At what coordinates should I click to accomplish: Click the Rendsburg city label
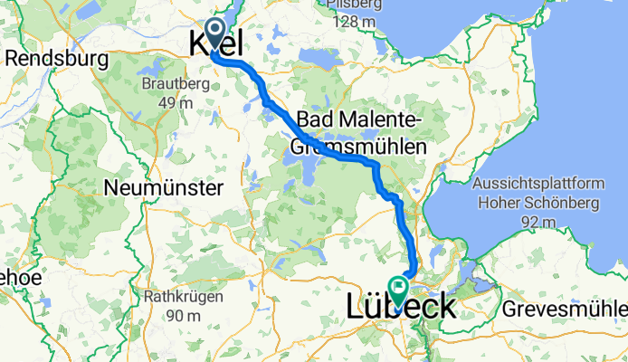(56, 61)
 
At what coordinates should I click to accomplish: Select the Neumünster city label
(164, 188)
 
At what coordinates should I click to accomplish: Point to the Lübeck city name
(401, 308)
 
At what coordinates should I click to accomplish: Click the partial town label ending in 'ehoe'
(20, 278)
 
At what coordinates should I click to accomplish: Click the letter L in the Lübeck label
(357, 308)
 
